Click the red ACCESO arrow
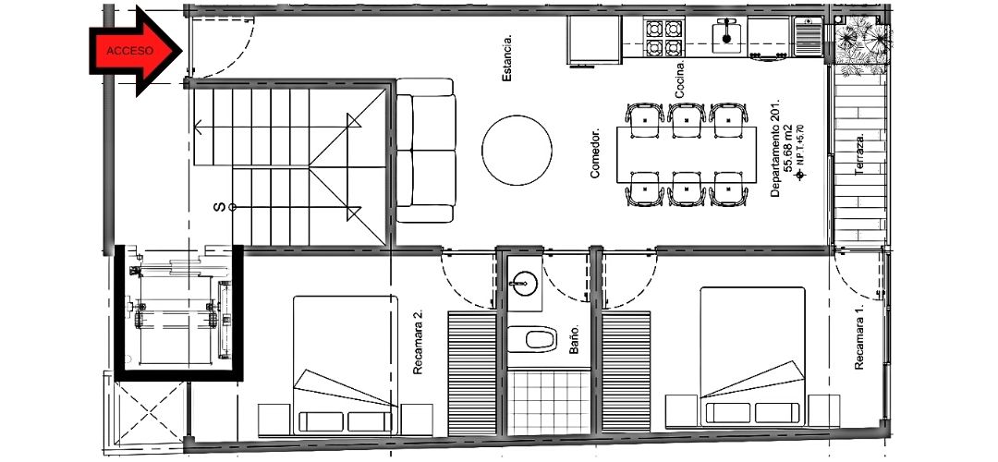click(x=135, y=51)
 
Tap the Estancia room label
click(x=507, y=58)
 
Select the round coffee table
click(x=517, y=151)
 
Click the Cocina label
click(x=680, y=80)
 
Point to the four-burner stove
click(x=664, y=38)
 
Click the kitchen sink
click(x=725, y=36)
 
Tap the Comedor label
click(x=595, y=154)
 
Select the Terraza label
click(x=859, y=154)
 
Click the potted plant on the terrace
click(x=863, y=44)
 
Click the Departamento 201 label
click(x=775, y=148)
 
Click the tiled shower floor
click(x=549, y=403)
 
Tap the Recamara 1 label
click(x=859, y=337)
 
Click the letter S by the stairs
click(x=219, y=207)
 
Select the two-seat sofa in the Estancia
click(x=425, y=151)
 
